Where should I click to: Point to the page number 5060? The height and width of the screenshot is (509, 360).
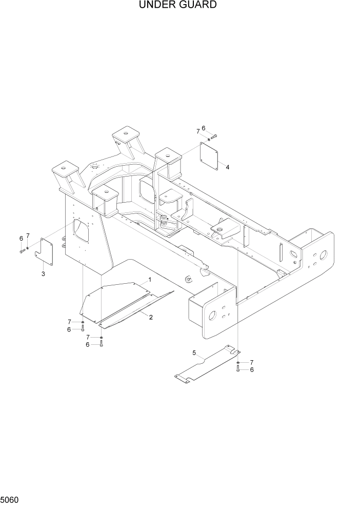coord(11,499)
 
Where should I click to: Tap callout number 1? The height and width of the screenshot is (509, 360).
coord(149,280)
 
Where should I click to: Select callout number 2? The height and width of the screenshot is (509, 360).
coord(151,317)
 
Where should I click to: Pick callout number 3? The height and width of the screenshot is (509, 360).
coord(43,273)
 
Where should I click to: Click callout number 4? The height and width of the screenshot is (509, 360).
coord(227,167)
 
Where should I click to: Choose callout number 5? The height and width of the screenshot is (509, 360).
coord(194,353)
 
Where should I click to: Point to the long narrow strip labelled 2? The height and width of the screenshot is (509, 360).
coord(136,310)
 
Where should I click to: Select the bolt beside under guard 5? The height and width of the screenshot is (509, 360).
coord(238,368)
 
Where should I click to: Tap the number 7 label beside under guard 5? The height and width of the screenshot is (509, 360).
coord(251,362)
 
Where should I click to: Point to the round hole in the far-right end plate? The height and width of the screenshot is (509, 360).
coord(324,255)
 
